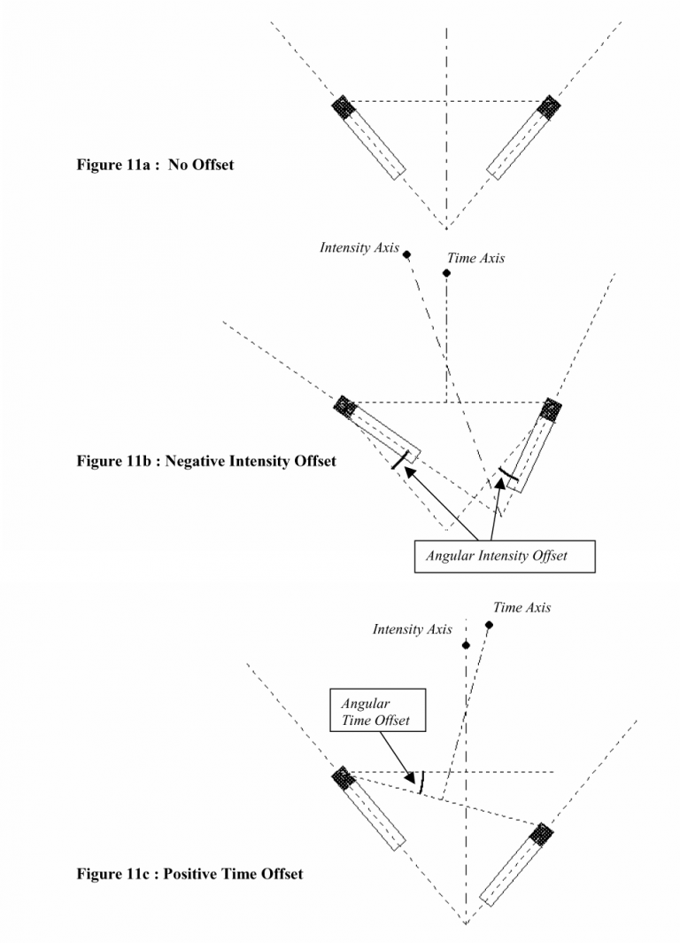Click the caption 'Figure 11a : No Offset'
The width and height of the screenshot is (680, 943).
155,164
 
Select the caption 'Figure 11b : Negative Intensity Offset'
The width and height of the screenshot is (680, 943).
206,462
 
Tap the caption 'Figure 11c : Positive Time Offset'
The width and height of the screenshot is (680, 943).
189,874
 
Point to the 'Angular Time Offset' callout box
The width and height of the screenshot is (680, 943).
375,711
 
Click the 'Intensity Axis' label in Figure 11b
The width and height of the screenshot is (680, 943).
359,248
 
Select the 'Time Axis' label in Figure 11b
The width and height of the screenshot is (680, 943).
475,258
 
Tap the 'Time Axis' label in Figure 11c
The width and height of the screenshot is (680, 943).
522,608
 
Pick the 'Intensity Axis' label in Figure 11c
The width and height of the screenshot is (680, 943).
412,629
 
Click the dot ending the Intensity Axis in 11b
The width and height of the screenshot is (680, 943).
406,255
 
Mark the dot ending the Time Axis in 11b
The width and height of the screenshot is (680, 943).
447,273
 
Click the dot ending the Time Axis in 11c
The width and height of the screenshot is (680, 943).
489,625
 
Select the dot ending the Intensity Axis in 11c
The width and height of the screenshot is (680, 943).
466,645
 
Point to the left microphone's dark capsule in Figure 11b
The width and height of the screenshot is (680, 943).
344,406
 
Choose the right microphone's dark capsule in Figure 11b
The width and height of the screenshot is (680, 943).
551,410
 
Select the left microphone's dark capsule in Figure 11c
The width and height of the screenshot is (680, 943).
344,778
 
